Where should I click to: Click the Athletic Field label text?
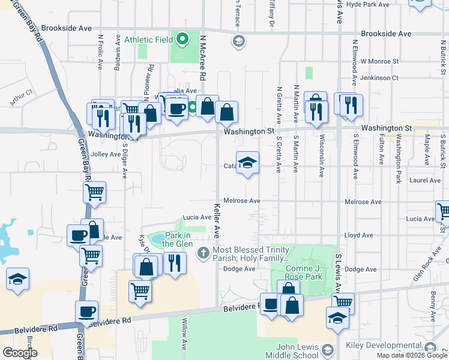pos(148,40)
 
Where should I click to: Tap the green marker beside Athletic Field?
pos(182,40)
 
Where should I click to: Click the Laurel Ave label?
pos(425,180)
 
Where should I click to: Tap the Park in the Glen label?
pos(176,239)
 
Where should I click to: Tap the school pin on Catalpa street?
pos(247,163)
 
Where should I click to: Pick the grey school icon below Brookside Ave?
pos(238,41)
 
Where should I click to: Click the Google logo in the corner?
pos(20,353)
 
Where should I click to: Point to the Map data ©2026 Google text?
pos(412,355)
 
